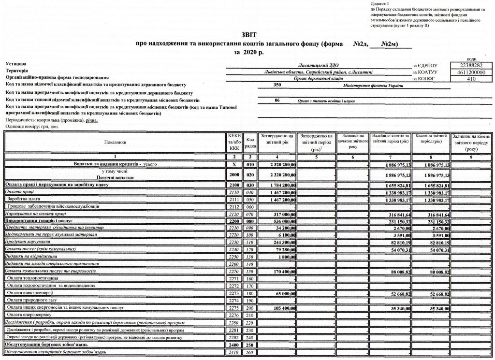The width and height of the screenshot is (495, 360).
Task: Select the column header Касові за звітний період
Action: pyautogui.click(x=431, y=140)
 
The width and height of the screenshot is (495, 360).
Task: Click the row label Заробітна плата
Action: pyautogui.click(x=24, y=199)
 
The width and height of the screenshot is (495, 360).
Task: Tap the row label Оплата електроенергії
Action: pyautogui.click(x=30, y=293)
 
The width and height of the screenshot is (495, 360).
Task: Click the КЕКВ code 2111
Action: pyautogui.click(x=233, y=199)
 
